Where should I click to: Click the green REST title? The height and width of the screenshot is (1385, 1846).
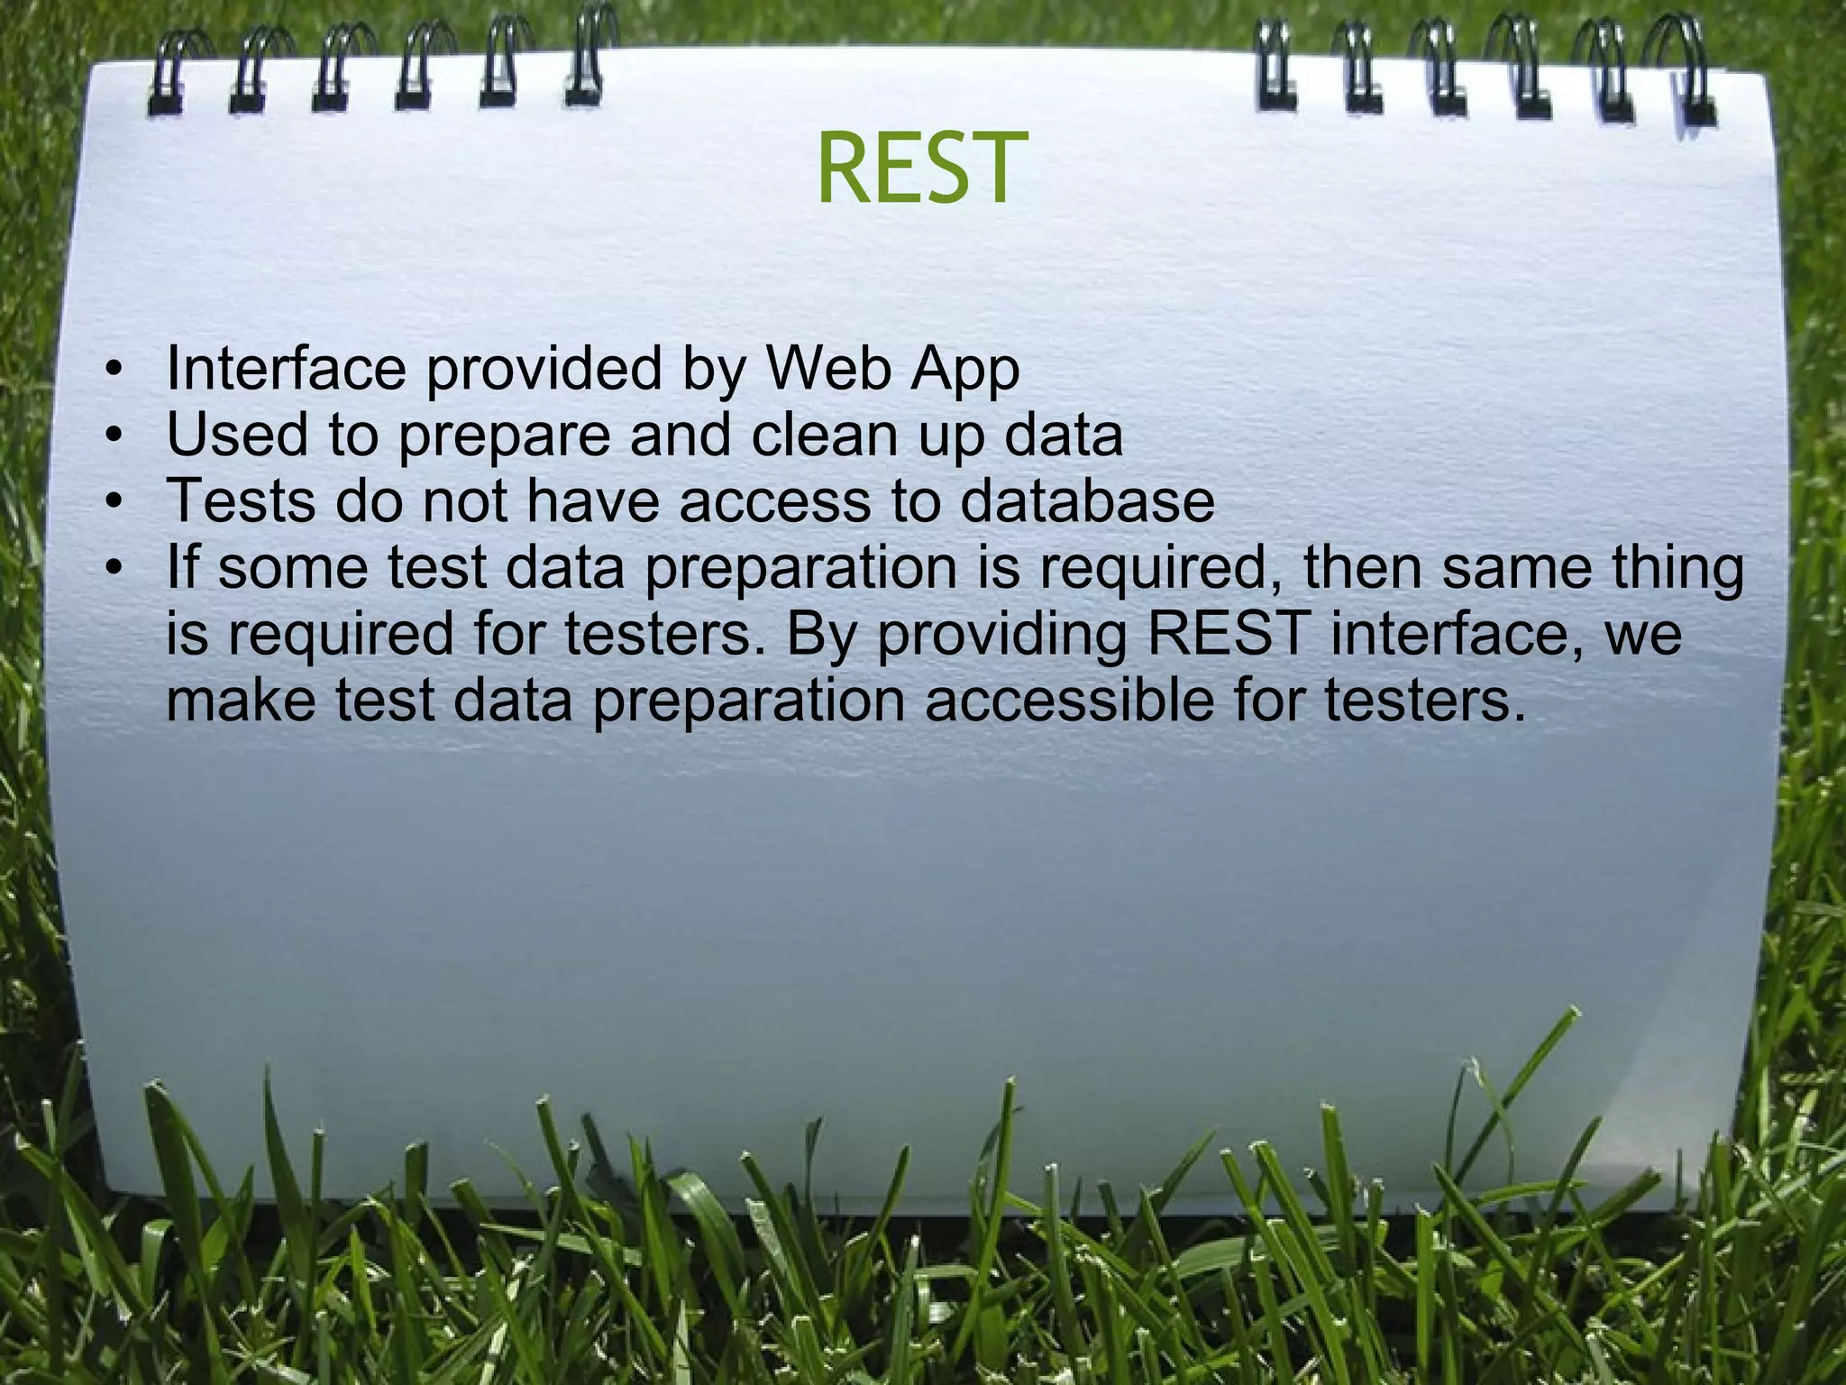click(x=922, y=169)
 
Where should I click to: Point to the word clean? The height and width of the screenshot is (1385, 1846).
click(x=825, y=436)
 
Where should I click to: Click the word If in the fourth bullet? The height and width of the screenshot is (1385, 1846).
click(x=184, y=568)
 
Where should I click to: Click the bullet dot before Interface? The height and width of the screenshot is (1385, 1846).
click(x=113, y=371)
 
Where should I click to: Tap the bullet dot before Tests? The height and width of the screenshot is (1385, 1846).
click(x=113, y=503)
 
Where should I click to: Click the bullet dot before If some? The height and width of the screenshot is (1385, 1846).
click(x=113, y=570)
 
